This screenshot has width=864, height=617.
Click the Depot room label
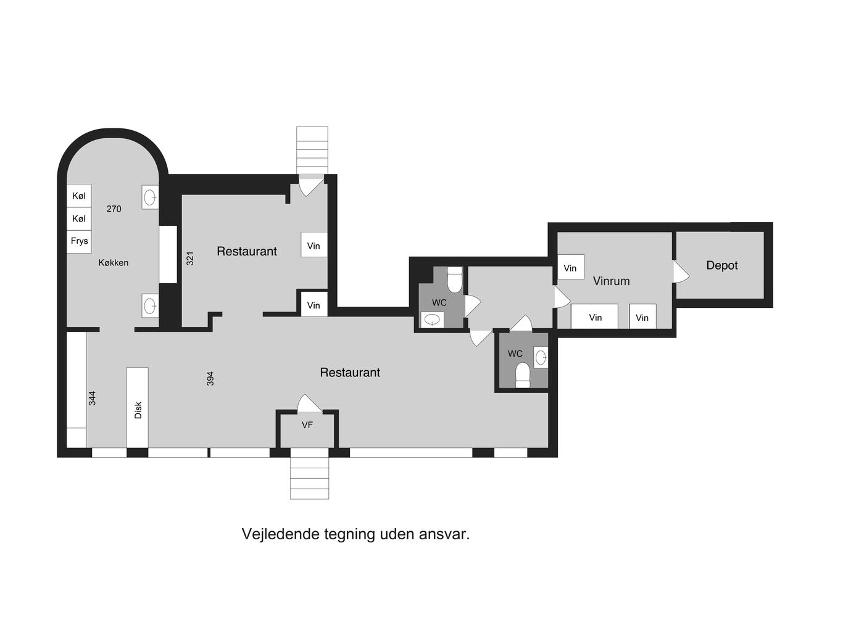[x=721, y=265]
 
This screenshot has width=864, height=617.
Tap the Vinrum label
[x=612, y=281]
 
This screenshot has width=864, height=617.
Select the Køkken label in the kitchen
[x=114, y=263]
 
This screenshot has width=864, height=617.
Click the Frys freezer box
[x=79, y=241]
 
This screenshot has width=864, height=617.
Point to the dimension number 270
[x=114, y=209]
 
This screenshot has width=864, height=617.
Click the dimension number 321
[x=190, y=259]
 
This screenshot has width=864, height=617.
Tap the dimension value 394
[x=210, y=379]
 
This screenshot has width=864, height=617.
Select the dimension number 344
[x=92, y=399]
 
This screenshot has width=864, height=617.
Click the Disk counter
[x=138, y=408]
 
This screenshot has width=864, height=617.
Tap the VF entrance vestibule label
[x=307, y=425]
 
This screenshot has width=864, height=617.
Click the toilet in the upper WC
[x=455, y=280]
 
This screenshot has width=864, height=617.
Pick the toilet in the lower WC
[x=523, y=375]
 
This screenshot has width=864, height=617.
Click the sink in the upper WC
[x=432, y=320]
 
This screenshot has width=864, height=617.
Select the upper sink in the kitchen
[x=150, y=198]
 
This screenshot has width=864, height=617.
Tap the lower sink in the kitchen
[x=150, y=306]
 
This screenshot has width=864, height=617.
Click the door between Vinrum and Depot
[x=681, y=272]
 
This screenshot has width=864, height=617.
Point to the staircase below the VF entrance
[x=310, y=479]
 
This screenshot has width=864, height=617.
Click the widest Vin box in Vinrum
[x=594, y=317]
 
